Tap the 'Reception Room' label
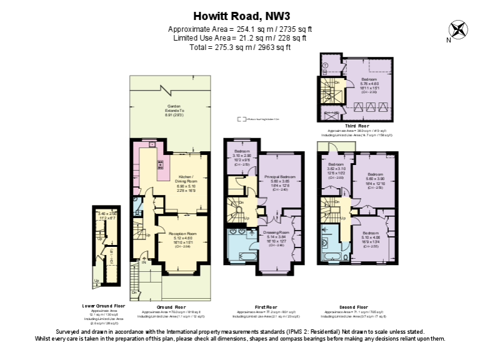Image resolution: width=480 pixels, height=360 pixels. (x=182, y=233)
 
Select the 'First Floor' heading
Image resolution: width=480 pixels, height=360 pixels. (x=266, y=307)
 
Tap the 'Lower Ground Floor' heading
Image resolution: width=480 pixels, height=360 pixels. (x=104, y=306)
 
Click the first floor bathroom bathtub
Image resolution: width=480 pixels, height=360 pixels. (x=239, y=257)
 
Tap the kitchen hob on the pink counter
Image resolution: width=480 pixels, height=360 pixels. (x=159, y=166)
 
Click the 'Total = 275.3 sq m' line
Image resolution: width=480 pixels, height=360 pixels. (x=239, y=47)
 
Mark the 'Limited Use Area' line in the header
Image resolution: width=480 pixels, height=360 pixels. (x=239, y=38)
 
